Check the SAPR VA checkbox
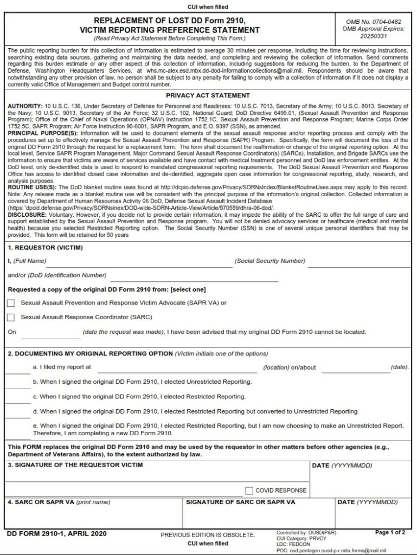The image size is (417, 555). tap(11, 303)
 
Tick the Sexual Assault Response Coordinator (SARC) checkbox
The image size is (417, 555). tap(11, 317)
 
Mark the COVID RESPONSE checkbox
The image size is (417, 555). tap(249, 491)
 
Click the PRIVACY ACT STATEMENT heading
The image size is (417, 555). tap(208, 95)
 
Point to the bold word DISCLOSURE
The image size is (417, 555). tap(26, 214)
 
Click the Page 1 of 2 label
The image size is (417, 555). tap(390, 533)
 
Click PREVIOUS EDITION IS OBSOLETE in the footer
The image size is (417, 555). tap(208, 535)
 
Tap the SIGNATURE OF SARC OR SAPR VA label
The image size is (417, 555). tap(240, 502)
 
